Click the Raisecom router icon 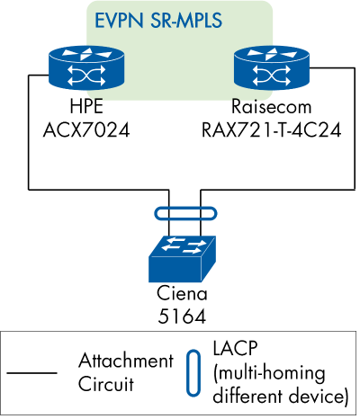click(269, 69)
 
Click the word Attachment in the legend click(125, 361)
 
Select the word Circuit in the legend click(105, 382)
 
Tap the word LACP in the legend click(236, 348)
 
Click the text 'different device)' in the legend click(280, 394)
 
